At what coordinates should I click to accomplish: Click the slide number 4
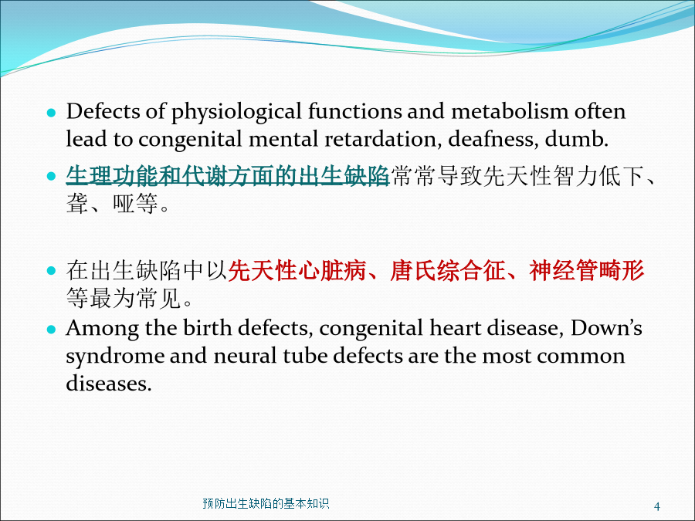(657, 506)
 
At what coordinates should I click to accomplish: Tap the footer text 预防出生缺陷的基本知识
(266, 503)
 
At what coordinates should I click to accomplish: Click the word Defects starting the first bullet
(103, 110)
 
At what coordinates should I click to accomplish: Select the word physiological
(236, 112)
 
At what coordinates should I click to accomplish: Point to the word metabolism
(510, 110)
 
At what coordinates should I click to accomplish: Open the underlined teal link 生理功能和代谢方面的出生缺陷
(227, 176)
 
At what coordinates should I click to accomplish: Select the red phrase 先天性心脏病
(297, 270)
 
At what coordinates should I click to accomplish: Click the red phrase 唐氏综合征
(447, 270)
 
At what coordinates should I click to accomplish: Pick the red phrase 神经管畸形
(586, 270)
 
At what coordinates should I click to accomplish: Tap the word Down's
(606, 328)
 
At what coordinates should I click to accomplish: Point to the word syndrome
(114, 357)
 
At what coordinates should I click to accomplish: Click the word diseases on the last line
(109, 383)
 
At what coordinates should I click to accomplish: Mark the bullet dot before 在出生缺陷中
(52, 270)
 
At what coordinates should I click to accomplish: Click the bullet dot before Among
(52, 329)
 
